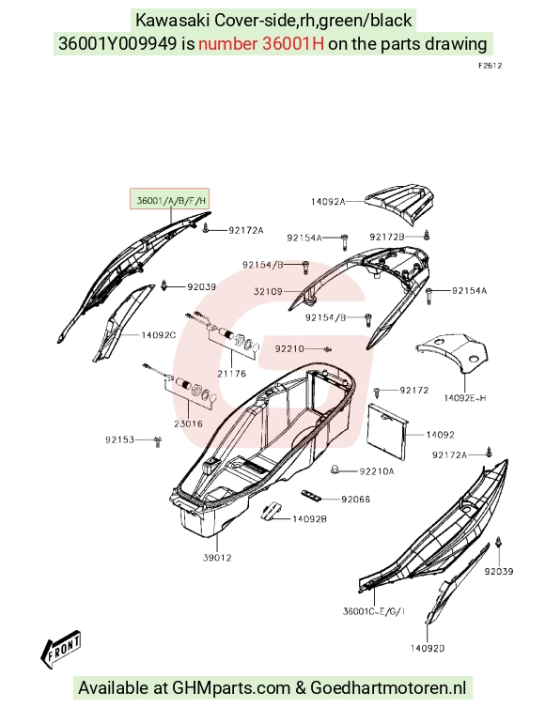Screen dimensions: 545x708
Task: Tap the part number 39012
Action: (x=217, y=558)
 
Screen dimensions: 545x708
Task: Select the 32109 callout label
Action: (x=268, y=292)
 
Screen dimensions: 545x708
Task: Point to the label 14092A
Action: (x=328, y=201)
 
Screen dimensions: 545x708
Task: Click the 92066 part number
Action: (x=355, y=499)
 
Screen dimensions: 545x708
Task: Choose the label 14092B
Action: (x=309, y=519)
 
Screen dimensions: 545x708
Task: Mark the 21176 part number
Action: (x=231, y=374)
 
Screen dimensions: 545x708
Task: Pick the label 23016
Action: (x=188, y=423)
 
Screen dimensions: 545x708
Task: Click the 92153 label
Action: (x=119, y=439)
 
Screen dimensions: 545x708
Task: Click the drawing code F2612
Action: (x=490, y=66)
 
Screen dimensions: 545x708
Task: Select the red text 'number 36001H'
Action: (x=260, y=44)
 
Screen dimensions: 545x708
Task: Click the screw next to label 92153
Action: (x=158, y=441)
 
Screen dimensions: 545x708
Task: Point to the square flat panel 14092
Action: (x=387, y=430)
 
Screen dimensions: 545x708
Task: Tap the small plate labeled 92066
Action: (x=312, y=496)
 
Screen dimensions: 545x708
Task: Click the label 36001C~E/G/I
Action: (x=374, y=611)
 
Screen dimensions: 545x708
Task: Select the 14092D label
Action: (x=427, y=648)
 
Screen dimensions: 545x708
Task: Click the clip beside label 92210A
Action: (x=335, y=469)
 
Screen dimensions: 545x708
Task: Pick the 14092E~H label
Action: (x=465, y=398)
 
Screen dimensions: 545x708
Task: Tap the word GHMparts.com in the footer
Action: (x=230, y=687)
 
